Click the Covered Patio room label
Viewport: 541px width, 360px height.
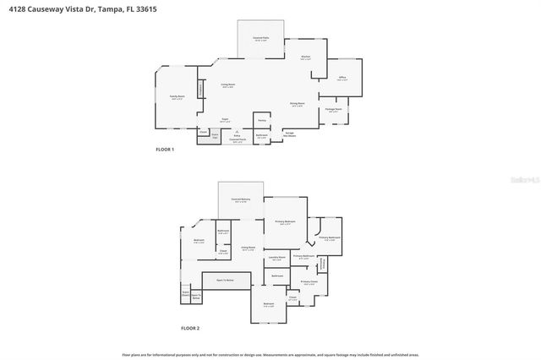pyautogui.click(x=261, y=39)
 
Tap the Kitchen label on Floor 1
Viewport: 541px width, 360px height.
pyautogui.click(x=305, y=58)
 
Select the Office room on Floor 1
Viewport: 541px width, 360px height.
pyautogui.click(x=342, y=79)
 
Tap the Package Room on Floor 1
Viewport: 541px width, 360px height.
pyautogui.click(x=334, y=110)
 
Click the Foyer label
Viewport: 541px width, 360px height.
pyautogui.click(x=225, y=120)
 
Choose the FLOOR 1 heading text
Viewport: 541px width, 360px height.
pyautogui.click(x=165, y=150)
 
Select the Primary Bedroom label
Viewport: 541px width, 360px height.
pyautogui.click(x=285, y=222)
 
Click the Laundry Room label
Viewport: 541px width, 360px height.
pyautogui.click(x=276, y=259)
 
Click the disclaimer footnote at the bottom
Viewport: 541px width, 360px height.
pyautogui.click(x=270, y=355)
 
